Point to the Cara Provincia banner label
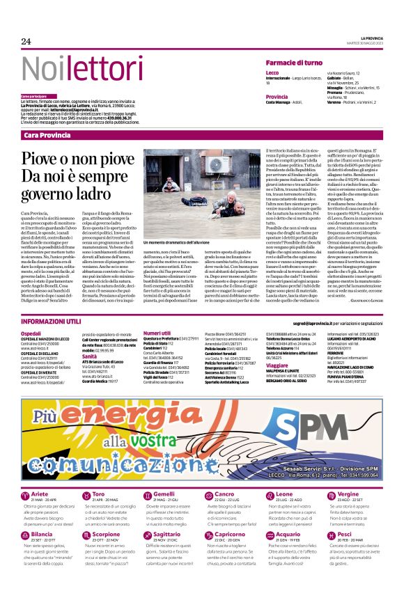(x=47, y=135)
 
